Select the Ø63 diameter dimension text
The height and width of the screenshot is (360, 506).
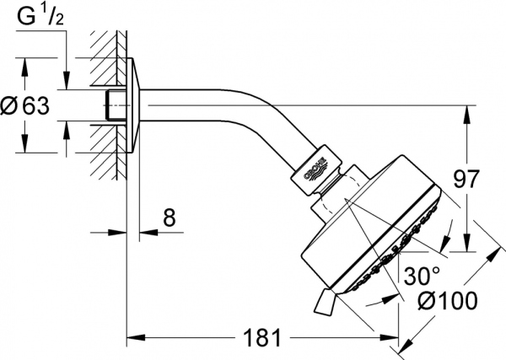click(x=25, y=105)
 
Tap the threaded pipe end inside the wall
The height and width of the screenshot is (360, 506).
click(x=109, y=106)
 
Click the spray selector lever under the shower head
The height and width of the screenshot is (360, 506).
click(x=326, y=302)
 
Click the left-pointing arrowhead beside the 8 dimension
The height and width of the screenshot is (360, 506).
click(x=139, y=234)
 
